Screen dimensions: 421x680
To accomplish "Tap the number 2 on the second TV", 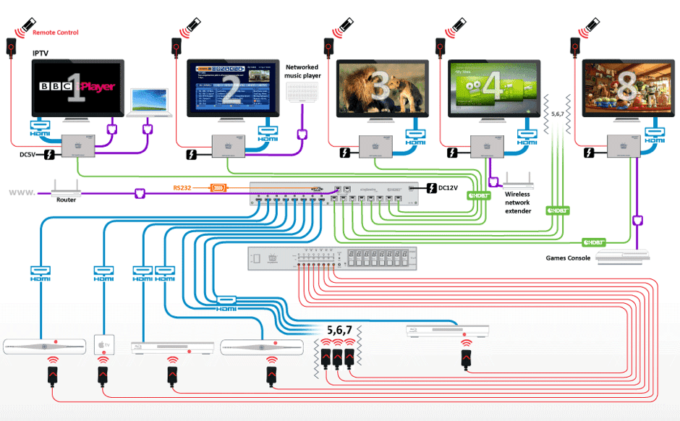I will [232, 88].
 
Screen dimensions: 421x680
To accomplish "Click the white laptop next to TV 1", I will [150, 103].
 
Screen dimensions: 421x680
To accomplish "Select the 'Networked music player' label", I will [303, 71].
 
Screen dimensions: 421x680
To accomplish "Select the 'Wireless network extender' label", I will [518, 203].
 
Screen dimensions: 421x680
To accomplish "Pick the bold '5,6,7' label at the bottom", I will [344, 330].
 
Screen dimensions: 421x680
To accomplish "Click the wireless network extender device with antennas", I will [519, 180].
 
